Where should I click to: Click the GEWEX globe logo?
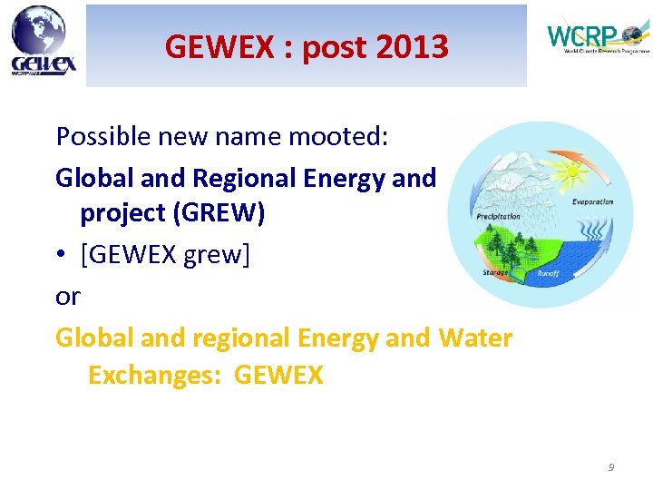(43, 40)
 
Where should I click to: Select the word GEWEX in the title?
(218, 46)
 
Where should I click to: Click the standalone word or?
(67, 297)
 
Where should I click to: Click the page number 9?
(610, 467)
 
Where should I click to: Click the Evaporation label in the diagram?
(592, 201)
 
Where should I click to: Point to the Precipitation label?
(498, 216)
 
